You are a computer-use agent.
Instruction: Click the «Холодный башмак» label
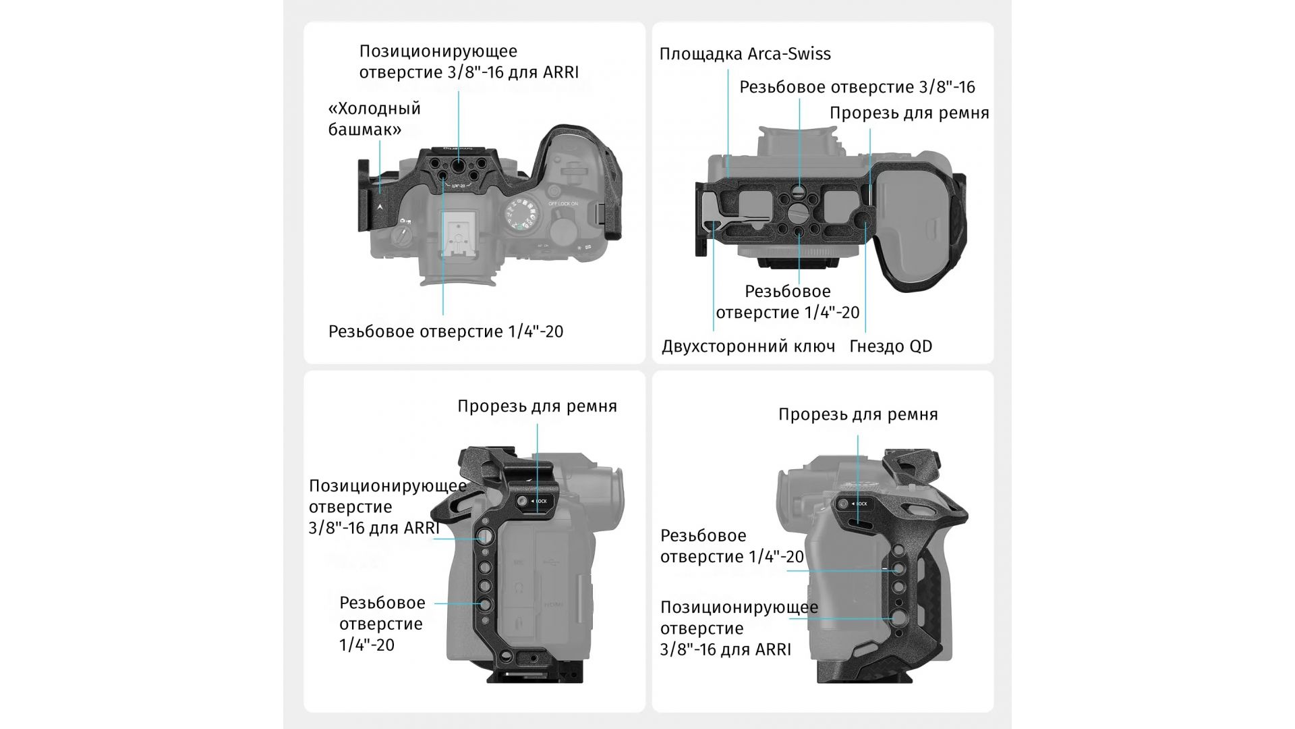(374, 119)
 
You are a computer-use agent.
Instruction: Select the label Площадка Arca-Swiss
(745, 54)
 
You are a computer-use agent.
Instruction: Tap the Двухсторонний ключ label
(748, 346)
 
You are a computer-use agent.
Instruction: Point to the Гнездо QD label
(890, 346)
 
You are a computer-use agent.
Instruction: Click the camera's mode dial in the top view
(522, 215)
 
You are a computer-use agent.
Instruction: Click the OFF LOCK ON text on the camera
(563, 204)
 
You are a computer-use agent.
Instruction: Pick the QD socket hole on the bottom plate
(862, 217)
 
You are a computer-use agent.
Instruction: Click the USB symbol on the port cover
(552, 562)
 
